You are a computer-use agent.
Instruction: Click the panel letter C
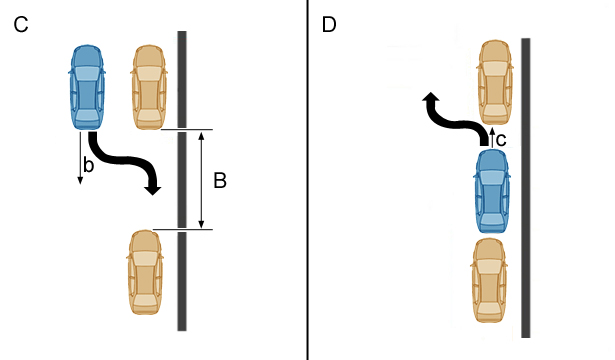(x=21, y=25)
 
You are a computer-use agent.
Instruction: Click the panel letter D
(x=329, y=25)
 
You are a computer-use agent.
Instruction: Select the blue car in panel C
(x=87, y=87)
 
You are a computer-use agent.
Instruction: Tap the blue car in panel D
(x=492, y=191)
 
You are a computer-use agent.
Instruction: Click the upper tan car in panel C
(x=149, y=87)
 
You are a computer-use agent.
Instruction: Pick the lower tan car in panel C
(x=145, y=272)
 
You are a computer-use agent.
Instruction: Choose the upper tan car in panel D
(x=495, y=82)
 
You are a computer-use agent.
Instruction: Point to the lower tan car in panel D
(x=489, y=280)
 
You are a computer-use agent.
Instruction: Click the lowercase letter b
(x=89, y=165)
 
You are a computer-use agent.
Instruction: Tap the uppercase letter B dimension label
(x=220, y=181)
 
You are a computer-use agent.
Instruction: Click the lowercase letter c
(x=501, y=140)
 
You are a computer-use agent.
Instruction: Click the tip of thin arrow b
(x=80, y=184)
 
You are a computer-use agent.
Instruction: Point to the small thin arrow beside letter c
(x=492, y=136)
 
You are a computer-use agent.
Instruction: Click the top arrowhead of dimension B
(x=201, y=136)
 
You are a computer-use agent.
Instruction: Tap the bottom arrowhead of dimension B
(x=201, y=224)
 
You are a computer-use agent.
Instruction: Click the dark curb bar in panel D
(x=526, y=188)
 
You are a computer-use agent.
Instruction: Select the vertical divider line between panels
(x=308, y=180)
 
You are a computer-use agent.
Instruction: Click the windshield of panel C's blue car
(x=87, y=74)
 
